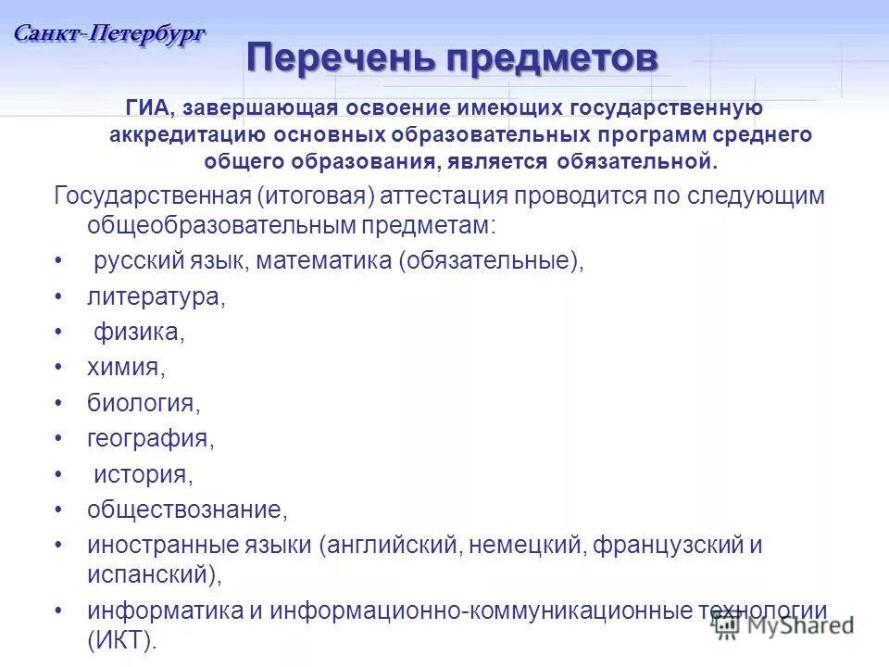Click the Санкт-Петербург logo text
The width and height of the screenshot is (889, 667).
tap(109, 33)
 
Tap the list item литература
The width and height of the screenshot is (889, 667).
tap(156, 297)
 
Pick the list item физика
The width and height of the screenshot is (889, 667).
tap(139, 333)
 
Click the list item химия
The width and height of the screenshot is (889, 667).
tap(125, 368)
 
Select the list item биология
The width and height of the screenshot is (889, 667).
tap(144, 403)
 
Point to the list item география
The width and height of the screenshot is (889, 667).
tap(150, 438)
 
